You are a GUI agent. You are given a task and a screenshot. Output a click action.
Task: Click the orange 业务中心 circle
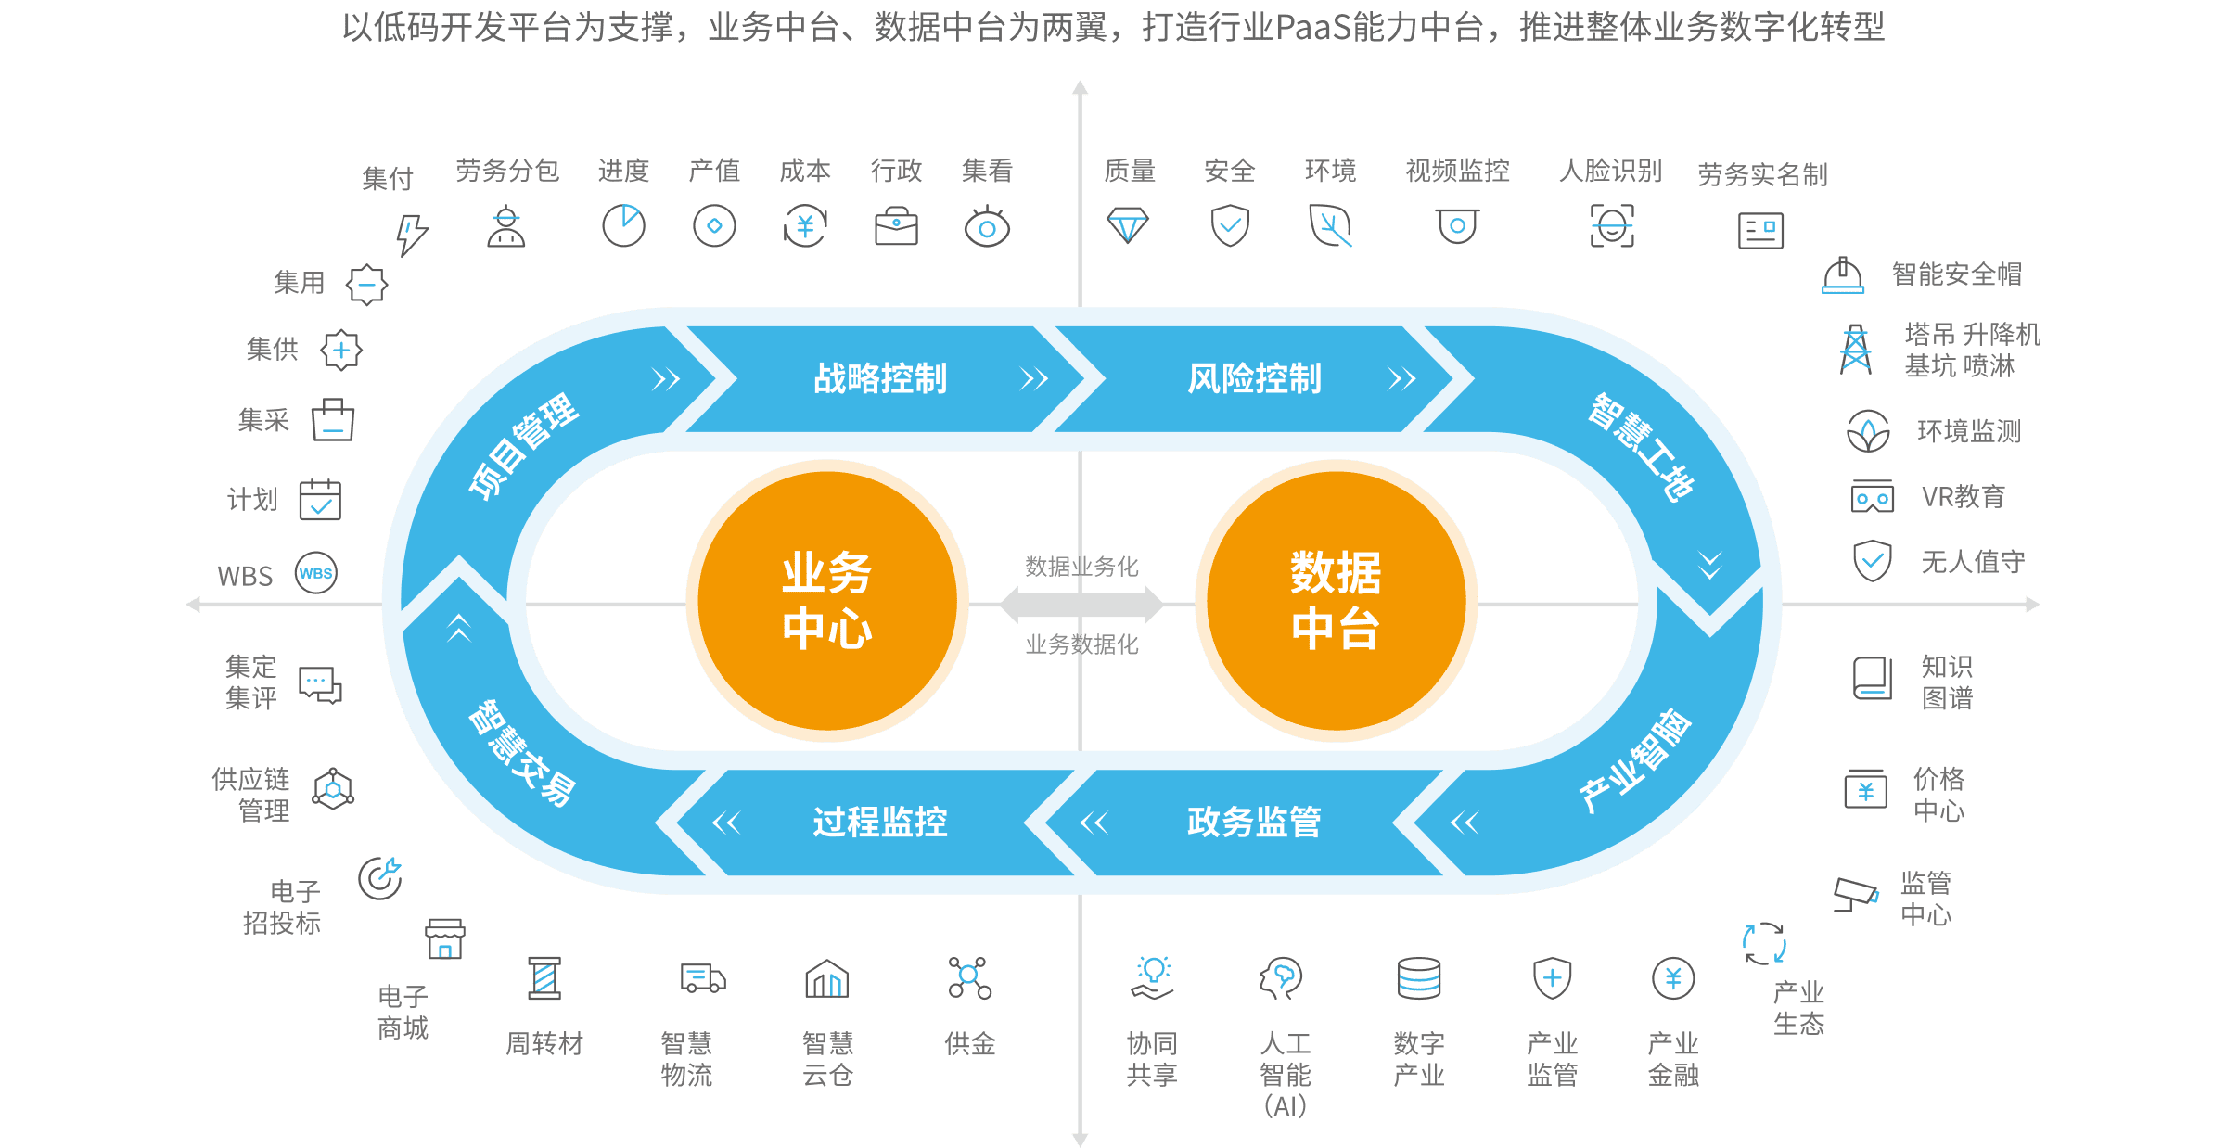(x=827, y=601)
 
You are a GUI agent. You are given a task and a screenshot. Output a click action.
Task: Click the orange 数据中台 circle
(x=1336, y=601)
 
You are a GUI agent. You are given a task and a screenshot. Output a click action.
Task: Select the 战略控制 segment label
(x=880, y=378)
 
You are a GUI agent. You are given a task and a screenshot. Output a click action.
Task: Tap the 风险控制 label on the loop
(x=1254, y=378)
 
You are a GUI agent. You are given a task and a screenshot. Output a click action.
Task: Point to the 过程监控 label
(x=880, y=822)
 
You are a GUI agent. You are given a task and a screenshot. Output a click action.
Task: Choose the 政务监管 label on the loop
(x=1254, y=822)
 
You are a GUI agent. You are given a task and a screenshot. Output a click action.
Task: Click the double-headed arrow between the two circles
(x=1081, y=605)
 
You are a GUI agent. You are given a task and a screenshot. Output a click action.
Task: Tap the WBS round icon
(x=315, y=573)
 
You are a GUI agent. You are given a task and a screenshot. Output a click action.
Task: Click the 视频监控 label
(x=1457, y=171)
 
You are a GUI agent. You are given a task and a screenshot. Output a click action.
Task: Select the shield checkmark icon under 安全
(x=1230, y=225)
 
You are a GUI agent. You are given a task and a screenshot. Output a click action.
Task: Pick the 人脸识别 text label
(x=1610, y=171)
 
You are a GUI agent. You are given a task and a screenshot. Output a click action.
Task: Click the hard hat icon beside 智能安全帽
(x=1842, y=276)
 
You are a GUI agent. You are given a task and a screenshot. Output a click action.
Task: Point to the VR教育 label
(x=1964, y=497)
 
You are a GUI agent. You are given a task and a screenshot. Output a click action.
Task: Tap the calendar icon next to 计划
(x=320, y=501)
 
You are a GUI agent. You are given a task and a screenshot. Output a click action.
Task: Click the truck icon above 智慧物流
(x=703, y=978)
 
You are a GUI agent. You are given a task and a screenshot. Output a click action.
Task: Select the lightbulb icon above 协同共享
(x=1153, y=974)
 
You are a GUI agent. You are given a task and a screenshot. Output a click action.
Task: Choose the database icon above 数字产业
(x=1418, y=977)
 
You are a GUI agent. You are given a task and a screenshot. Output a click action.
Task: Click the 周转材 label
(x=544, y=1044)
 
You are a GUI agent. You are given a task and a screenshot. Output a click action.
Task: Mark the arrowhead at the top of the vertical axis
(x=1080, y=88)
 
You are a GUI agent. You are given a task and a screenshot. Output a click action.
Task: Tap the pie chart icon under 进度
(x=624, y=224)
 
